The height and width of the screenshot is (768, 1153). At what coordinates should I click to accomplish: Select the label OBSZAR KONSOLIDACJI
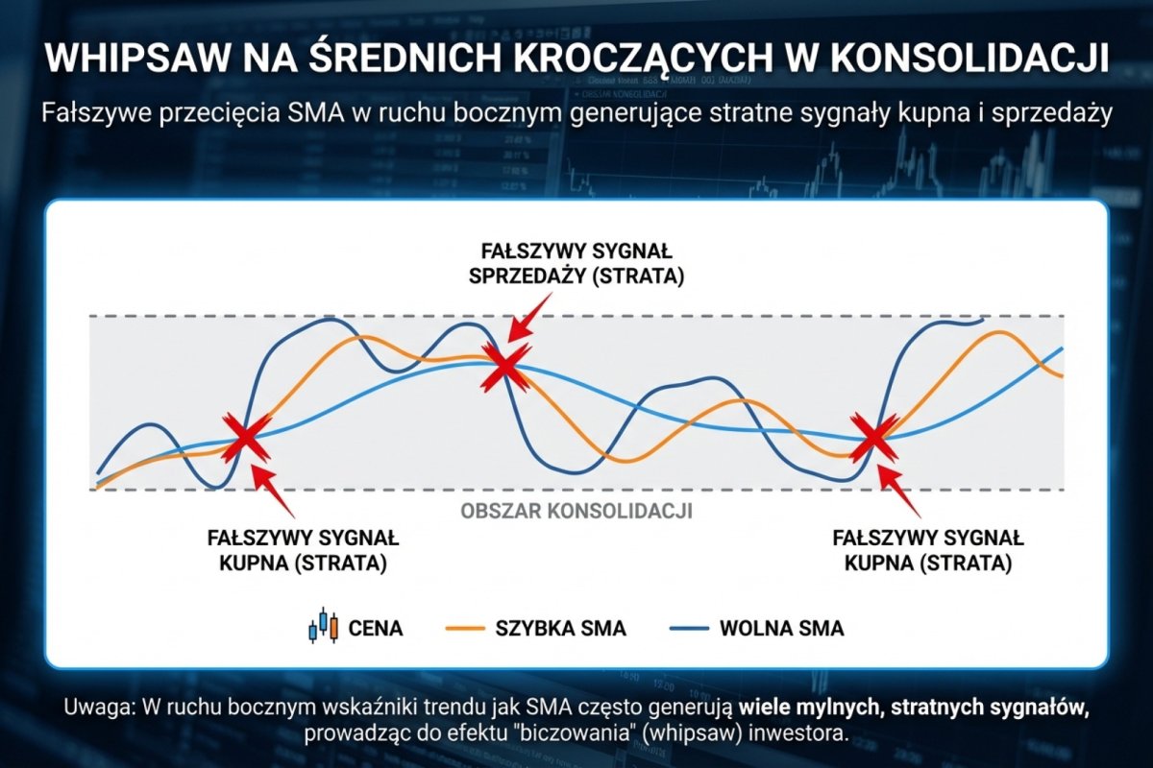pos(576,511)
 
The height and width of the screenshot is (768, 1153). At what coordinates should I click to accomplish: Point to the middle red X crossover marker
pos(503,366)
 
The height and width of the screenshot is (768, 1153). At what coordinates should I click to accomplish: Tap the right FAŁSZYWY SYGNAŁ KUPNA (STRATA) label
pos(928,550)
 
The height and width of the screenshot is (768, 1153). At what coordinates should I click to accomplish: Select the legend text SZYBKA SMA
pos(560,629)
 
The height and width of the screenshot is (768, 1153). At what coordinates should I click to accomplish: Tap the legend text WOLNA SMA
pos(781,629)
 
